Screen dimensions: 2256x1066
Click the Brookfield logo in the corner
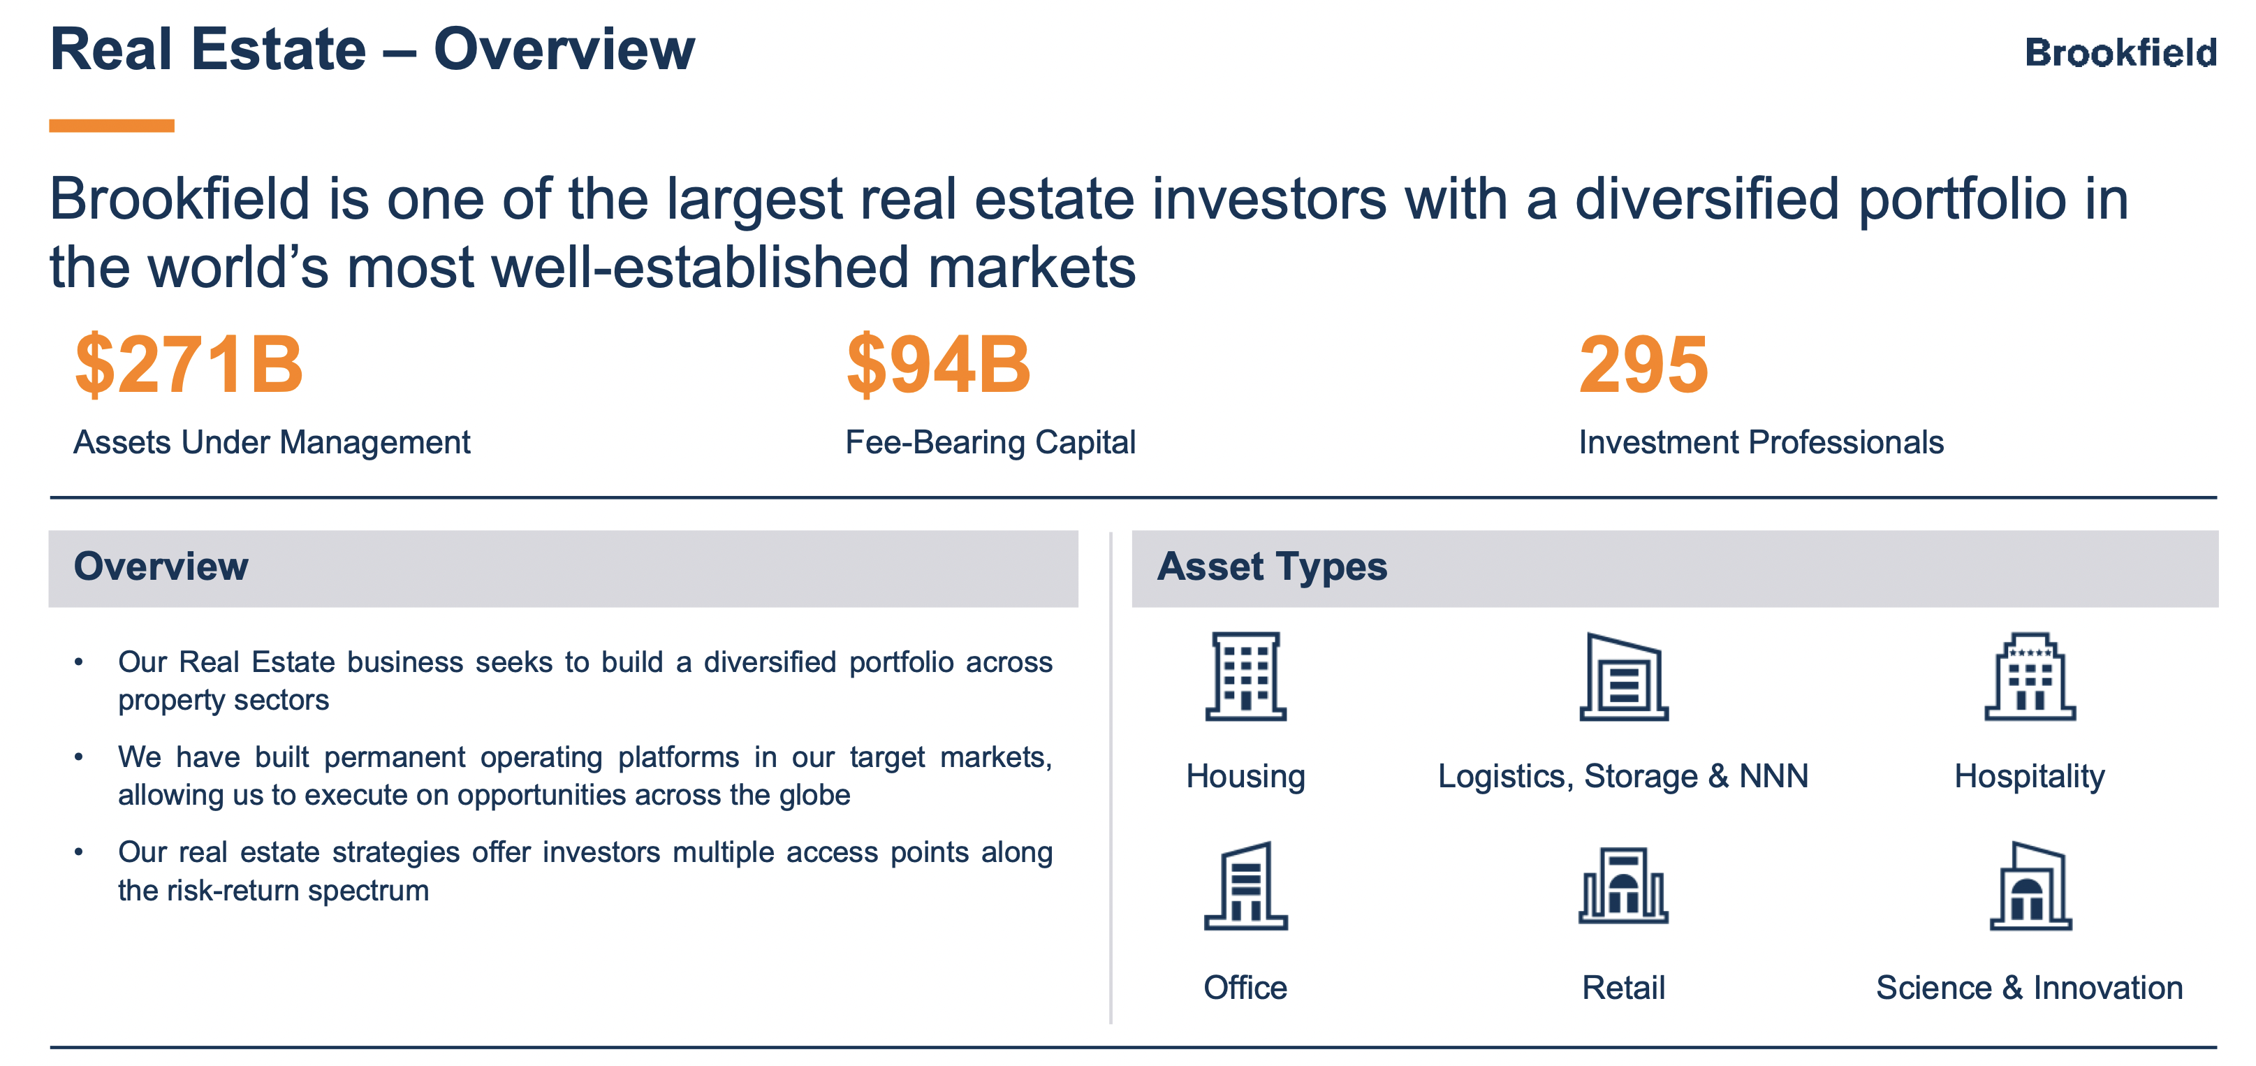point(2121,52)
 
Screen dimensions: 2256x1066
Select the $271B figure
point(189,365)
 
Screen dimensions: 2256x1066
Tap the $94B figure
point(939,365)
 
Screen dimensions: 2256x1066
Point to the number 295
point(1643,365)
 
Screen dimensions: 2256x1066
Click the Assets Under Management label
point(272,443)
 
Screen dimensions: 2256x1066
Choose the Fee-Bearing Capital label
point(990,443)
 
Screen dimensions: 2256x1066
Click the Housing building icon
point(1245,676)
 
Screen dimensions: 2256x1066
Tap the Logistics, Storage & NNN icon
point(1624,676)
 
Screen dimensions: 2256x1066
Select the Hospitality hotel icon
point(2030,676)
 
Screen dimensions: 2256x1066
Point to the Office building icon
point(1245,886)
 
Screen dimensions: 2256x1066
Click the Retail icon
point(1624,886)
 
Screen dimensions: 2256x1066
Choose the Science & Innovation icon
point(2030,886)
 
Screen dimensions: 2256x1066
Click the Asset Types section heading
point(1273,567)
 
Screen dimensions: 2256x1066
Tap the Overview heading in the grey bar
point(161,566)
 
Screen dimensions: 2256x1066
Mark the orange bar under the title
point(111,125)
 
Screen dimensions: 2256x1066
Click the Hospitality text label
point(2029,777)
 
